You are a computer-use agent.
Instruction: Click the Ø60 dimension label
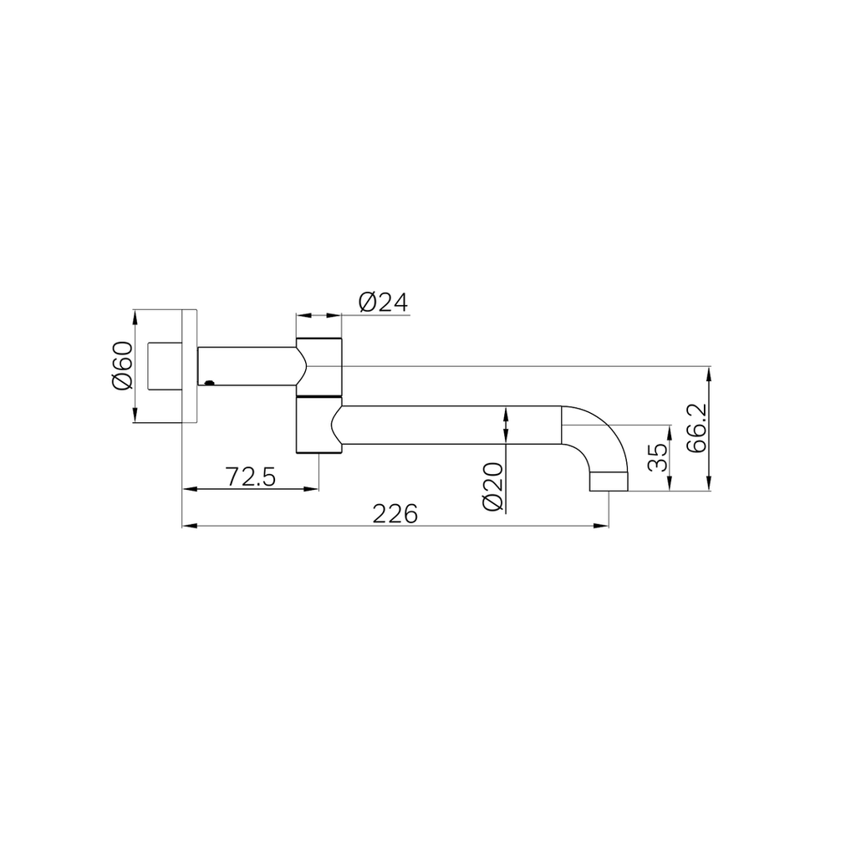click(122, 366)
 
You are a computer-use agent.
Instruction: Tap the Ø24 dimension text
click(383, 303)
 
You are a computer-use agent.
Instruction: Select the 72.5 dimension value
click(251, 477)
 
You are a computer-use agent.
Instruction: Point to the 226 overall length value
click(395, 514)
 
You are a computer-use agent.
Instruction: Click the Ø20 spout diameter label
click(493, 487)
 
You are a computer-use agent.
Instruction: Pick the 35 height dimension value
click(659, 457)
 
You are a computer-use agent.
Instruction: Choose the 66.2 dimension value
click(696, 428)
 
